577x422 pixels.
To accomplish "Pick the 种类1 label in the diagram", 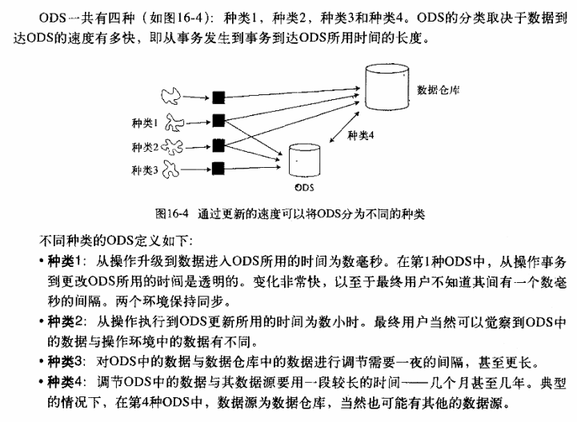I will [145, 122].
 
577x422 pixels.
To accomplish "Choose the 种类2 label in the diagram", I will [145, 146].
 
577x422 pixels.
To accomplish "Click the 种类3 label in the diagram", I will [145, 169].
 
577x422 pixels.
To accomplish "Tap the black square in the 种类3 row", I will [217, 169].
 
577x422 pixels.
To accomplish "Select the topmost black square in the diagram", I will [217, 98].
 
